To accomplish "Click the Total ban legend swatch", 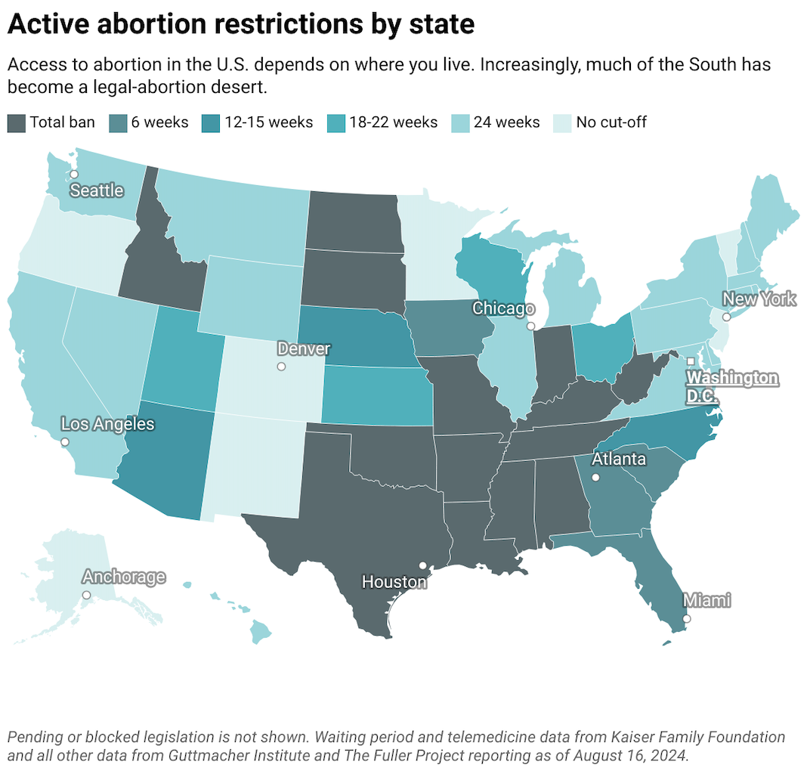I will click(17, 122).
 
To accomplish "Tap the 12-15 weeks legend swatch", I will click(212, 122).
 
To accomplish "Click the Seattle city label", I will click(97, 190).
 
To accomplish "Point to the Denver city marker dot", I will click(281, 367).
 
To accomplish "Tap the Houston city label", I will click(394, 582).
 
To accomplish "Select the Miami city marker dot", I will click(686, 619).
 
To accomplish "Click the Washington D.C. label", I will click(731, 386).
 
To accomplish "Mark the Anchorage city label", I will click(123, 577).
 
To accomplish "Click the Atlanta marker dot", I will click(595, 478).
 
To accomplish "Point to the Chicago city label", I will click(503, 308).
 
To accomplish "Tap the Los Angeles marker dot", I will click(65, 441).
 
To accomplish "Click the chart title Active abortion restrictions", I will click(241, 24).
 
